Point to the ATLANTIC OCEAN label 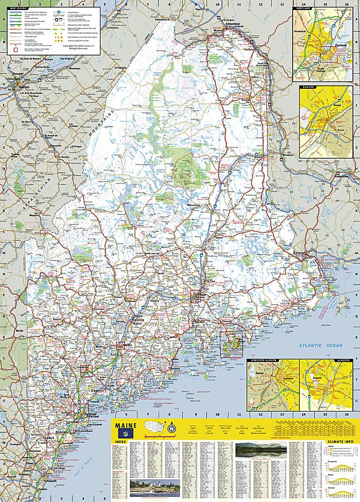point(319,345)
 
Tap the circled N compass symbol point(172,428)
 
